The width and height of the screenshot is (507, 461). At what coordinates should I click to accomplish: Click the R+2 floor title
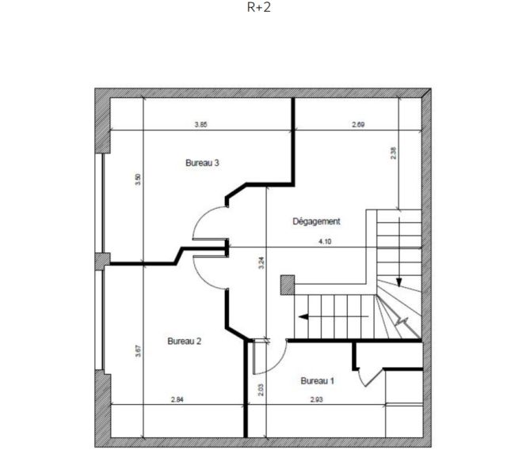[259, 7]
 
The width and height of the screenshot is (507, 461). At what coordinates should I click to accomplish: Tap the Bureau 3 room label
[203, 163]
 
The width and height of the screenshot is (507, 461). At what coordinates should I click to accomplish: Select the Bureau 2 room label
[185, 342]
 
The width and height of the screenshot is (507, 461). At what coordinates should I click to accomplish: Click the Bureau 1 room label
[317, 381]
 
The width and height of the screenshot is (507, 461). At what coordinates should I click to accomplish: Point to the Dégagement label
[317, 221]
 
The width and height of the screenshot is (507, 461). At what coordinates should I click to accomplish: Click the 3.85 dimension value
[200, 125]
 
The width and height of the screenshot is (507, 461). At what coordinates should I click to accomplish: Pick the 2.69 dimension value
[358, 125]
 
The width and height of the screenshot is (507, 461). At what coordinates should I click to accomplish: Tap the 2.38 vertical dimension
[393, 153]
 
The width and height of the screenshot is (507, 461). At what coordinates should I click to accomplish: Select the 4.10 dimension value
[325, 241]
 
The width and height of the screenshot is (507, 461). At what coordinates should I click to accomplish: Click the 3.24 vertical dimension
[262, 263]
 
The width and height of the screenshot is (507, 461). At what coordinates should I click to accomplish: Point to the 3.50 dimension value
[138, 179]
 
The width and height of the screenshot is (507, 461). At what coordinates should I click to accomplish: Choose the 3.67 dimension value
[138, 351]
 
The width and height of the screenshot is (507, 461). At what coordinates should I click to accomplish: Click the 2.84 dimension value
[177, 399]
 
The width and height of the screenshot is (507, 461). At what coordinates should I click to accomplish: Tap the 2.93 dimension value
[317, 399]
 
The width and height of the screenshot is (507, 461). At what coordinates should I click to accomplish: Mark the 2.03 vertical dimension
[261, 390]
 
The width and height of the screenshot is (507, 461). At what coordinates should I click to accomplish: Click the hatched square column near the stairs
[288, 285]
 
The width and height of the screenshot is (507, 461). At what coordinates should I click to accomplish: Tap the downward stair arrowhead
[399, 283]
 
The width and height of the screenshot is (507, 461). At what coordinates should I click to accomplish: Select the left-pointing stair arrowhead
[303, 317]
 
